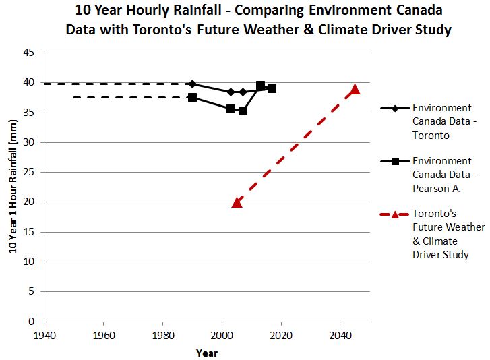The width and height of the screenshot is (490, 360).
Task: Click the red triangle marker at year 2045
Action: [x=355, y=90]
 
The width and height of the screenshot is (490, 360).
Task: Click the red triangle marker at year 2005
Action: [x=237, y=202]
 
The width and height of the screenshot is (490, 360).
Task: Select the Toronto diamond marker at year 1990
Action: [x=193, y=84]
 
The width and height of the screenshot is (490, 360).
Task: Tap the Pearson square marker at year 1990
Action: [x=193, y=98]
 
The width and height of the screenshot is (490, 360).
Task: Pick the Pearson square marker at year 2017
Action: [x=272, y=88]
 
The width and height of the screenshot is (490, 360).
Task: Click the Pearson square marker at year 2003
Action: [x=231, y=109]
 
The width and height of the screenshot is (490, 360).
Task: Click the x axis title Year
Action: [x=206, y=353]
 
